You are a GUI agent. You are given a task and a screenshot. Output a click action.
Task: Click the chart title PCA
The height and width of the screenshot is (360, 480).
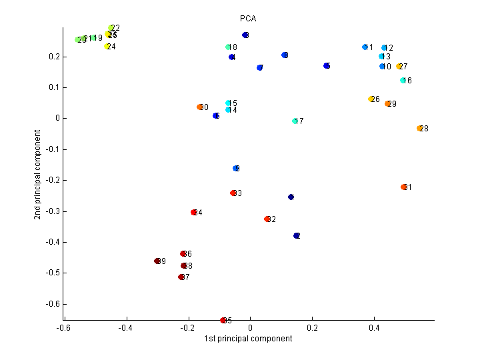tap(248, 17)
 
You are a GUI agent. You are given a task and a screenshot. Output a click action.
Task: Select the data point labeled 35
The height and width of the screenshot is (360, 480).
tap(223, 321)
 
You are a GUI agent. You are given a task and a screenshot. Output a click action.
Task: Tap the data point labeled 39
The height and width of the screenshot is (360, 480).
tap(157, 261)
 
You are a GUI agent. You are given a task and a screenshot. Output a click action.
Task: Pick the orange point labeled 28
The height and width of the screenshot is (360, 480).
tap(419, 128)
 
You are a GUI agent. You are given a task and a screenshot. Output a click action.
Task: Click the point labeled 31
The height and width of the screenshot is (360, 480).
tap(403, 187)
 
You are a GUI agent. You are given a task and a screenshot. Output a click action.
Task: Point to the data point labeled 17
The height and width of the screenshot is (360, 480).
tap(295, 121)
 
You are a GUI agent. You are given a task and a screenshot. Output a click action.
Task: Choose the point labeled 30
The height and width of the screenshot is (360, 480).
tap(199, 107)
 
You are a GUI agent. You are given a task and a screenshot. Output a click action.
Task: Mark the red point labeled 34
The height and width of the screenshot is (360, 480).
tap(194, 213)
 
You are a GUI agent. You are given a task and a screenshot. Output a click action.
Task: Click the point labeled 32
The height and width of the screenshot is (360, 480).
tap(267, 219)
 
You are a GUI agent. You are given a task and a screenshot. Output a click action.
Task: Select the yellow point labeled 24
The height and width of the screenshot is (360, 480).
tap(107, 47)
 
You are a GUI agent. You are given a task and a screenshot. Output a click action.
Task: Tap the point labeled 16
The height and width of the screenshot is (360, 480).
tap(403, 81)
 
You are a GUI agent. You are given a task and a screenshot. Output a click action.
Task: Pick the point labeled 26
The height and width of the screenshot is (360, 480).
tap(371, 99)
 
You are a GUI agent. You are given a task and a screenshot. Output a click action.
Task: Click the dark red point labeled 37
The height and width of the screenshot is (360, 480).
tap(181, 277)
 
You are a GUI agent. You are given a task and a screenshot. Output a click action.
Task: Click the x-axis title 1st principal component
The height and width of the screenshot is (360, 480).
tap(248, 339)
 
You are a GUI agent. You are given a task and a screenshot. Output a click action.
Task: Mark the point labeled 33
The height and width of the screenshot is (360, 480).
tap(233, 193)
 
